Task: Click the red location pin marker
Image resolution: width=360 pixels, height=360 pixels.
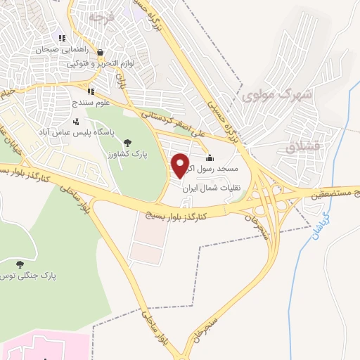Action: pyautogui.click(x=181, y=165)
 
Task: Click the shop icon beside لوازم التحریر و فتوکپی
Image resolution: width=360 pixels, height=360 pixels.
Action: pyautogui.click(x=100, y=52)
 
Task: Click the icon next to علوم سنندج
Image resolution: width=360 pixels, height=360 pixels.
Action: pyautogui.click(x=90, y=91)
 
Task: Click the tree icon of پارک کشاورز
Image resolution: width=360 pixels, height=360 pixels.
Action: pyautogui.click(x=127, y=143)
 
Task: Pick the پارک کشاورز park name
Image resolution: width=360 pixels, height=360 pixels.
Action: pyautogui.click(x=121, y=153)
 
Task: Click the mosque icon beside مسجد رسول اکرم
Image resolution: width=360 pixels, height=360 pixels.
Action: pyautogui.click(x=209, y=157)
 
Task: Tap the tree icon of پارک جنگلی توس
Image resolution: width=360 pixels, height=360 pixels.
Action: pyautogui.click(x=21, y=265)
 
